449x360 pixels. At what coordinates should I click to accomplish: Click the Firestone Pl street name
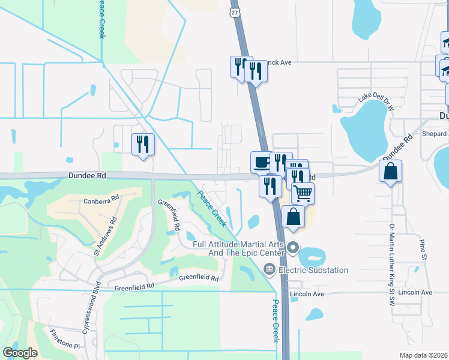click(64, 346)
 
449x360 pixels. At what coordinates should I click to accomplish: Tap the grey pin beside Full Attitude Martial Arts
click(293, 247)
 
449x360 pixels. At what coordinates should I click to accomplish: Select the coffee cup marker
click(262, 161)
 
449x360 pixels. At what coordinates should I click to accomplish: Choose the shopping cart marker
click(303, 193)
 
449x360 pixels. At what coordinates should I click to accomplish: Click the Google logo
click(20, 353)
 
